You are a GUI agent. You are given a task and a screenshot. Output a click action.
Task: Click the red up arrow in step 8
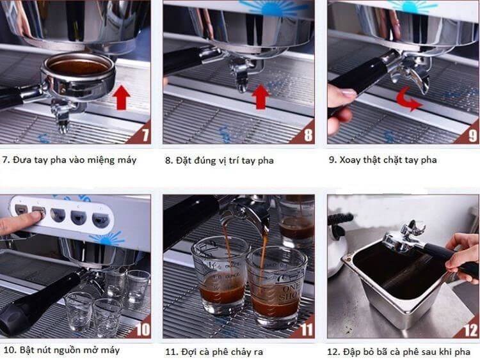coord(260,97)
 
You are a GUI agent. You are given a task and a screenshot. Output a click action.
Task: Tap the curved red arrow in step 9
coord(408,100)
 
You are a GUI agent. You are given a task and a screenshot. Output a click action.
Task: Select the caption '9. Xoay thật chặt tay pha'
coord(383,159)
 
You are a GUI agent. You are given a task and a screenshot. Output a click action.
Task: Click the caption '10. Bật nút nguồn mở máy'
coord(61,350)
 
